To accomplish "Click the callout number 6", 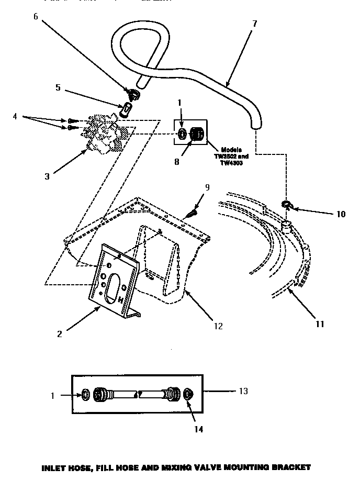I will pos(35,17).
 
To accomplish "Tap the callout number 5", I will pos(58,88).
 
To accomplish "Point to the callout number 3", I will pos(47,176).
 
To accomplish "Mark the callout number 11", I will pos(320,324).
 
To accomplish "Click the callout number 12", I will pos(218,326).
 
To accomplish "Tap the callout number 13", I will pos(243,390).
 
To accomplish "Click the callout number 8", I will pos(176,162).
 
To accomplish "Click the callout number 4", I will pos(15,117).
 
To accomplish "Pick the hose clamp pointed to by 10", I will pos(287,204).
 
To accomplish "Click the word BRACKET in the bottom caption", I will pos(287,466).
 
